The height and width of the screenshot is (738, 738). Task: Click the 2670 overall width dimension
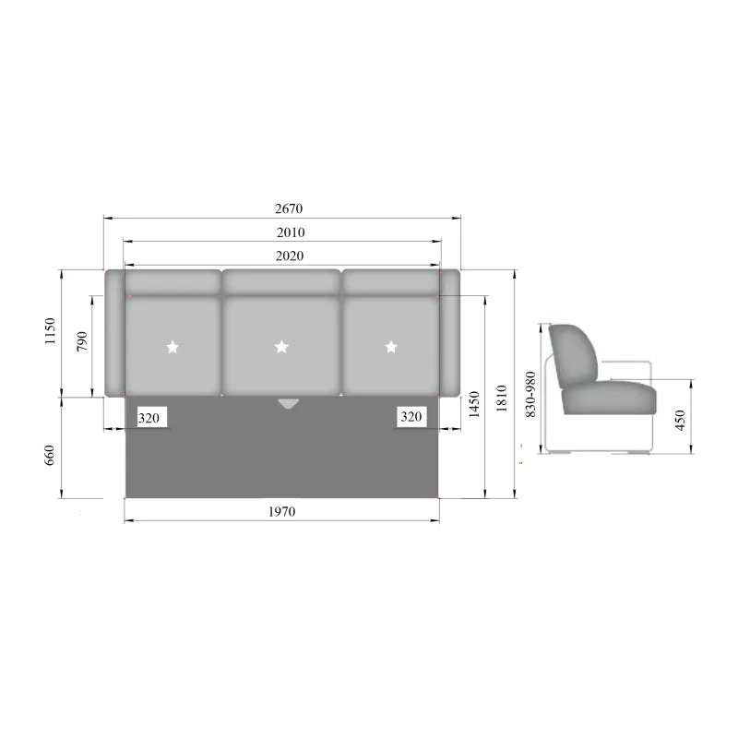point(289,208)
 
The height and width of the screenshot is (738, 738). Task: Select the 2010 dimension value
point(291,232)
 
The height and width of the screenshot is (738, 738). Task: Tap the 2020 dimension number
point(290,256)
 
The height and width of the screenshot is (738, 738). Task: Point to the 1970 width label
point(282,512)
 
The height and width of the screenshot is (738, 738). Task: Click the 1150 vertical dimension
point(50,331)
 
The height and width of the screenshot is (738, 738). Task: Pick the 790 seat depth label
point(82,341)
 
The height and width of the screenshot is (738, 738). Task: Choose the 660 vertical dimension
point(50,455)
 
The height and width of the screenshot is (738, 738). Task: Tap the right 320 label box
point(411,417)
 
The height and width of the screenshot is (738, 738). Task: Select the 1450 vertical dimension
point(474,404)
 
